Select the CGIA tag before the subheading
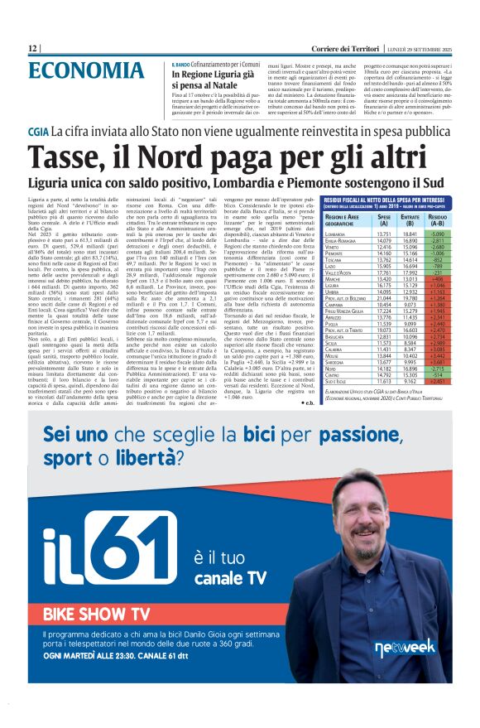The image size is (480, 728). [38, 132]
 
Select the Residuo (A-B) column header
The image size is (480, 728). [436, 219]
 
